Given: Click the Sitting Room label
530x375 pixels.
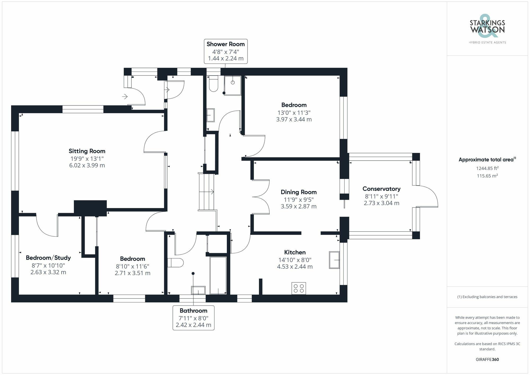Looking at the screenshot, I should coord(87,151).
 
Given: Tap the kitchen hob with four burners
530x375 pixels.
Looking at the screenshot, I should coord(299,288).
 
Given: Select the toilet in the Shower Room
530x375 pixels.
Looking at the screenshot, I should coord(213,84).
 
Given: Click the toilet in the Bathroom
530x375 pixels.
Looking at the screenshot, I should coord(176,263).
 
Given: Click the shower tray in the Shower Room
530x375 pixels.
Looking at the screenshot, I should coord(233,85).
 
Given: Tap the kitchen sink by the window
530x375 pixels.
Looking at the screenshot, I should coord(334,260).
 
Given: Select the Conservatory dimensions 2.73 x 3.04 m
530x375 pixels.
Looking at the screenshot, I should coord(381,203).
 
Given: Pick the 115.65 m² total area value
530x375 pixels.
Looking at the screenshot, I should coord(487,176).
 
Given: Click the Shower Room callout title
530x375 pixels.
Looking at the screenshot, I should coord(226,44).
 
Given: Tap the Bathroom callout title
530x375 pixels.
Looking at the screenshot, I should coord(193,311).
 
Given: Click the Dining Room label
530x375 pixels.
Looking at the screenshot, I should coord(299,192).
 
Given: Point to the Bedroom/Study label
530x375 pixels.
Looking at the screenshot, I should coord(48,258).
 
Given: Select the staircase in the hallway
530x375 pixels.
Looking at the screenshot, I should coord(206,192).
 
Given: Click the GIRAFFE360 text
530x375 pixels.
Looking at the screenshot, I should coord(487,359).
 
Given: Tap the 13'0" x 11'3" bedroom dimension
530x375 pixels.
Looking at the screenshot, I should coord(294,112).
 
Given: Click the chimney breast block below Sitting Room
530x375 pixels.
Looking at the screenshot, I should coord(90,207).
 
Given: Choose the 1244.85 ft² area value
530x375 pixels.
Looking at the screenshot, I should coord(487,168).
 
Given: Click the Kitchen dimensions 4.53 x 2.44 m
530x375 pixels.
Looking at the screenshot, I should coord(295,267).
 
